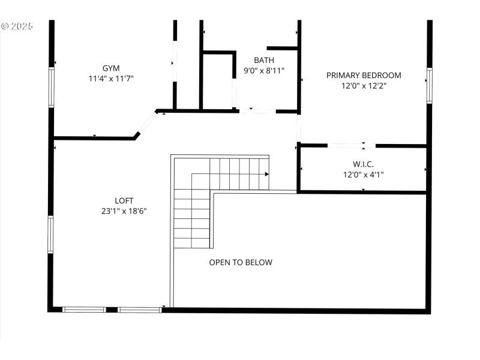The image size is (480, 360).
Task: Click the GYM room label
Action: pyautogui.click(x=110, y=68)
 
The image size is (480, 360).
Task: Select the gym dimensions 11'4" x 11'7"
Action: pyautogui.click(x=110, y=78)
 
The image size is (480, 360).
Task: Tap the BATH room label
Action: pyautogui.click(x=264, y=60)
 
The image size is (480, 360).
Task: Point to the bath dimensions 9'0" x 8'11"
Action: pyautogui.click(x=264, y=70)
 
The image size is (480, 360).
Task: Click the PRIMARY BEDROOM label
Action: pyautogui.click(x=364, y=75)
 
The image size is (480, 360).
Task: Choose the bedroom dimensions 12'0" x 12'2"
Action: pyautogui.click(x=364, y=85)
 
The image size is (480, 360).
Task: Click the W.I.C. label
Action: pyautogui.click(x=363, y=164)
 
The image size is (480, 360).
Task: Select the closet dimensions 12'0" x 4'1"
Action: pyautogui.click(x=363, y=175)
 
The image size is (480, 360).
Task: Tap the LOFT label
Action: pyautogui.click(x=124, y=200)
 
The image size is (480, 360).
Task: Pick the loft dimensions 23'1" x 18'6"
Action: pyautogui.click(x=124, y=211)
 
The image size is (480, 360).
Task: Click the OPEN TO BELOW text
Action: pyautogui.click(x=241, y=262)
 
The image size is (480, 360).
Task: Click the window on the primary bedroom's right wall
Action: pyautogui.click(x=429, y=85)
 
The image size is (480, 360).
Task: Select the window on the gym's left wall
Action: pyautogui.click(x=52, y=87)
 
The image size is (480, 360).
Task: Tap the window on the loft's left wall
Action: pyautogui.click(x=52, y=234)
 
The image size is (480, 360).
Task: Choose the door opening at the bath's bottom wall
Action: pyautogui.click(x=257, y=111)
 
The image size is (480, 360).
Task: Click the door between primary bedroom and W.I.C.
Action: pyautogui.click(x=351, y=145)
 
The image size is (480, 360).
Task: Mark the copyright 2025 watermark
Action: pyautogui.click(x=17, y=26)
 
